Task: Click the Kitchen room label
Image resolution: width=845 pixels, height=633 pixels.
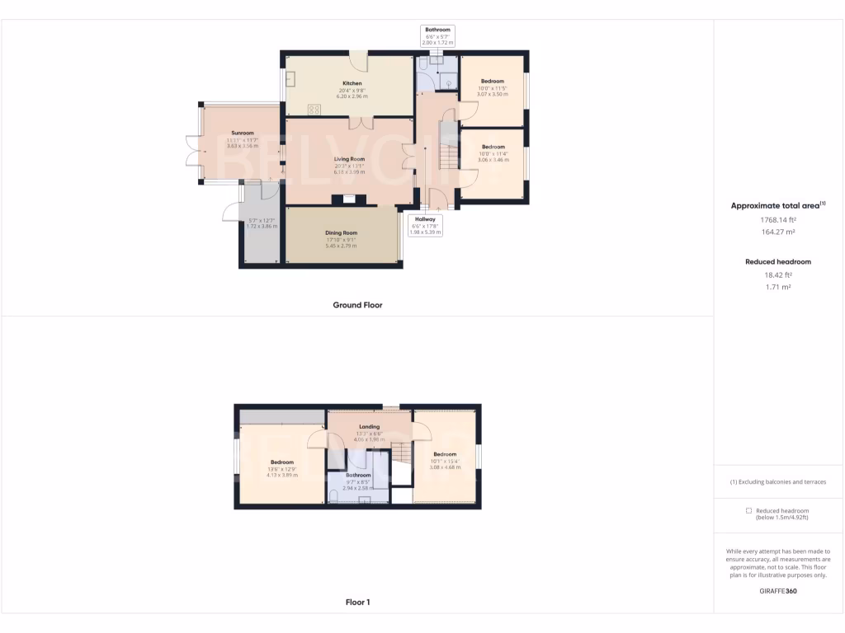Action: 352,83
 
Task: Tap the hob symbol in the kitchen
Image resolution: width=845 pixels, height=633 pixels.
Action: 314,109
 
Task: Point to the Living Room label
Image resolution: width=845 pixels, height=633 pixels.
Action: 349,159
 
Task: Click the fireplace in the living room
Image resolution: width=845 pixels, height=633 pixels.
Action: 347,199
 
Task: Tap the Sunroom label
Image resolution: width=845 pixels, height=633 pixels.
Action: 243,133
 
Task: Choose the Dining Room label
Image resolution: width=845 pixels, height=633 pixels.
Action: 341,233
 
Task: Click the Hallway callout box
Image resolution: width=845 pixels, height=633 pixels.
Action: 426,225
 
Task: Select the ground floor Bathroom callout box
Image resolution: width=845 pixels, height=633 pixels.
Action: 437,35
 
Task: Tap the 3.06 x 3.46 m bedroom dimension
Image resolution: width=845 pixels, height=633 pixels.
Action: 493,160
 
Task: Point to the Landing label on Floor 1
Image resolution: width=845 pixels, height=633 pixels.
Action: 369,427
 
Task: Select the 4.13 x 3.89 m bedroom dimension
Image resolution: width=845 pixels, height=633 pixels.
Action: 282,476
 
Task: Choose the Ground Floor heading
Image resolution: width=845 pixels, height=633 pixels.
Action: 357,305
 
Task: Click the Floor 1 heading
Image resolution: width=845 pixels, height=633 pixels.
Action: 357,603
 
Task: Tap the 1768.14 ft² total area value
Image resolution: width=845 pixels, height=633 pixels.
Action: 778,220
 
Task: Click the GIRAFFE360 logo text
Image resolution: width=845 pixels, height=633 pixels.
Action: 778,591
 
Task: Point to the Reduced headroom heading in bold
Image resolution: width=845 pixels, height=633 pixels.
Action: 778,262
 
